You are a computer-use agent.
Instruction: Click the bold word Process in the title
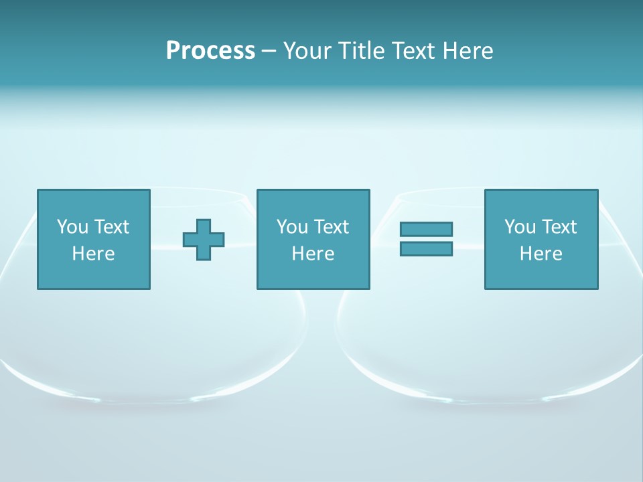pyautogui.click(x=210, y=51)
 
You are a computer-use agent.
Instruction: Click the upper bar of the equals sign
pyautogui.click(x=426, y=229)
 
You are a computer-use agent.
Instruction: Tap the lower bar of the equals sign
pyautogui.click(x=426, y=248)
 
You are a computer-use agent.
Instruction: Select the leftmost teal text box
pyautogui.click(x=94, y=239)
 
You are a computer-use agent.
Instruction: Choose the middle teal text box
pyautogui.click(x=313, y=239)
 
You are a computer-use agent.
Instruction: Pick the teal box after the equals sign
pyautogui.click(x=541, y=239)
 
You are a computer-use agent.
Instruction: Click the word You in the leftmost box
pyautogui.click(x=72, y=227)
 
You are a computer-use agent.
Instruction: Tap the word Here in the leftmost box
pyautogui.click(x=94, y=254)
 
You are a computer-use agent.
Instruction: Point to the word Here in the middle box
pyautogui.click(x=313, y=254)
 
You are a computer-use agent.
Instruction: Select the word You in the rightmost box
pyautogui.click(x=520, y=227)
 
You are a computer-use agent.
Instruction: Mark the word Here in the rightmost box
pyautogui.click(x=541, y=254)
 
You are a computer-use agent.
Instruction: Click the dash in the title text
pyautogui.click(x=269, y=52)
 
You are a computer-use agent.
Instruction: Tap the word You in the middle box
pyautogui.click(x=292, y=227)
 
